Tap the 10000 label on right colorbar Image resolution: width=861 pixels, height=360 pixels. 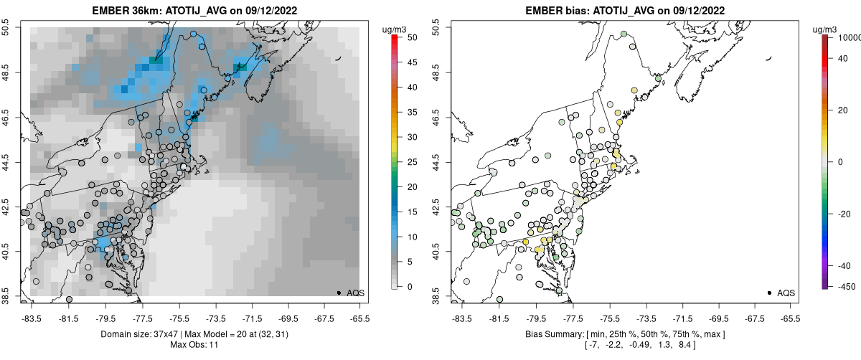pyautogui.click(x=848, y=37)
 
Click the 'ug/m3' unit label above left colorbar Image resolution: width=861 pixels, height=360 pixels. pyautogui.click(x=395, y=29)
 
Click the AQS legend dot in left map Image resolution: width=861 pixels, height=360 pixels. pyautogui.click(x=339, y=293)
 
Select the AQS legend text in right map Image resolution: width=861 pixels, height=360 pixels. pyautogui.click(x=786, y=293)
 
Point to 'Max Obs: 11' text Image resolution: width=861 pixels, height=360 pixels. pyautogui.click(x=193, y=345)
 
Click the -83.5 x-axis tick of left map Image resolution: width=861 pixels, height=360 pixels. pyautogui.click(x=32, y=318)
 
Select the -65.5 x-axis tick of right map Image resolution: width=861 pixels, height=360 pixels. pyautogui.click(x=790, y=318)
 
